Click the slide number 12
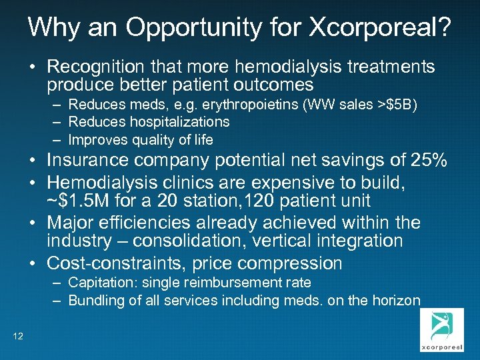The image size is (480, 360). click(18, 336)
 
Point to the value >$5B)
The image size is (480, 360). click(397, 105)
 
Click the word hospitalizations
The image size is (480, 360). click(176, 122)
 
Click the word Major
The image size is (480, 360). click(71, 222)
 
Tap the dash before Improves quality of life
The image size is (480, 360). click(57, 139)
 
